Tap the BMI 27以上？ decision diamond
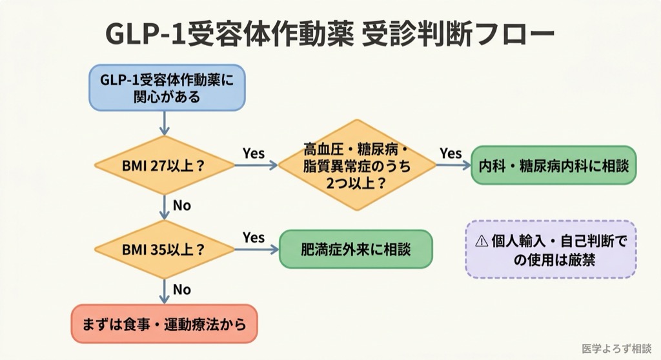coord(164,166)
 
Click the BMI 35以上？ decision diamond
coord(164,249)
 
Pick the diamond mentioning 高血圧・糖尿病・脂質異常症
coord(357,166)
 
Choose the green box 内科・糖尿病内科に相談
coord(553,165)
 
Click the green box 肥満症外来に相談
coord(356,249)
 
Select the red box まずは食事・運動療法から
coord(164,323)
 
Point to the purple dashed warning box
coord(551,250)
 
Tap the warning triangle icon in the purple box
coord(482,241)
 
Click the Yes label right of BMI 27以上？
coord(254,153)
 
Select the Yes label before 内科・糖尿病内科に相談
coord(451,153)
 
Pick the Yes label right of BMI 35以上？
coord(254,237)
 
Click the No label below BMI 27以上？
coord(181,206)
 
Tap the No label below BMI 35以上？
coord(181,289)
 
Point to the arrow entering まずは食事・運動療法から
coord(164,291)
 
